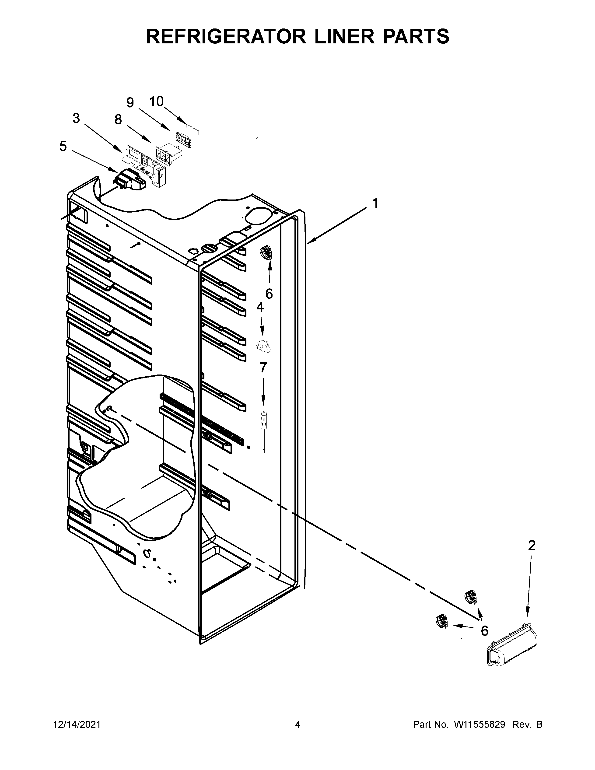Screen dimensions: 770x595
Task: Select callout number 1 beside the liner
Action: tap(375, 203)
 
